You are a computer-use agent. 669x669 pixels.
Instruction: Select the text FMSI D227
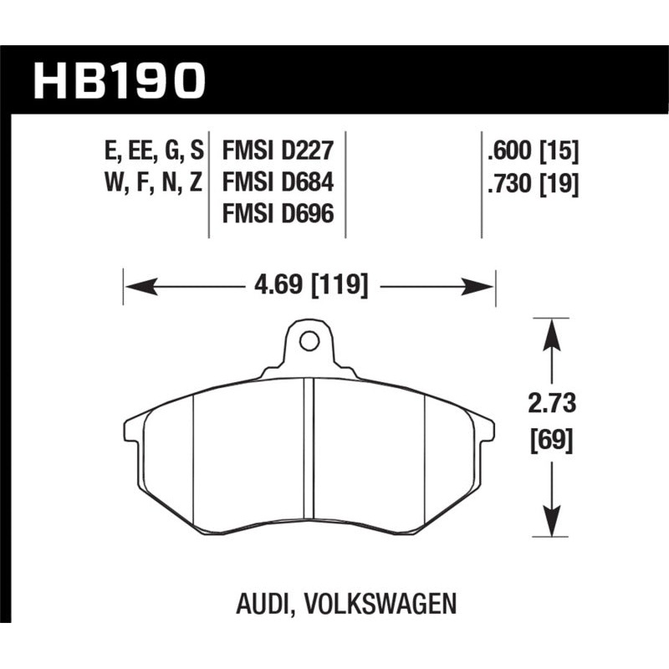coord(278,151)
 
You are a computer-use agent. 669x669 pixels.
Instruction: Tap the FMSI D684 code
coord(278,183)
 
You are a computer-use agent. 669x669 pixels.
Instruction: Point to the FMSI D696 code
coord(278,215)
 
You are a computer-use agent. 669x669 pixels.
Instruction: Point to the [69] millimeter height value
coord(553,440)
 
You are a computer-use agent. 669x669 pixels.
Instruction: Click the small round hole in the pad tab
coord(309,340)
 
